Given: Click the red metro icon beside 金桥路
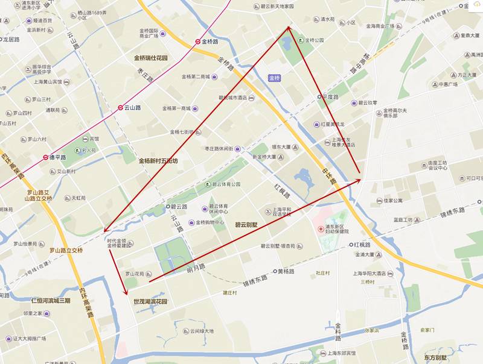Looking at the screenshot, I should coord(197,42).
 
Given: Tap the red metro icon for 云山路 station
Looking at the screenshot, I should coord(120,108).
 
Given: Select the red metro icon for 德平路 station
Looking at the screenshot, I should coord(45,157).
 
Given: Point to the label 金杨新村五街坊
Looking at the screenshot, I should coord(158,161).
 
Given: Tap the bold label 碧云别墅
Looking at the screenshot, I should coord(246,224).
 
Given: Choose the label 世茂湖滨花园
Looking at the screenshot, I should coord(150,301).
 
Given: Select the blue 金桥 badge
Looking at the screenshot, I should coord(275,78).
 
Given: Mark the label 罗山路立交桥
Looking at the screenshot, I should coord(66,249).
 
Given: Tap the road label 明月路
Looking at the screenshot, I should coord(196,267).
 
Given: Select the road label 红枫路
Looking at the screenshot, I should coord(283,190).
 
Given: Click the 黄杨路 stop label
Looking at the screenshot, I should coord(289,271).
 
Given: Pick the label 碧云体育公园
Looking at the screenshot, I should coord(226,184).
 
